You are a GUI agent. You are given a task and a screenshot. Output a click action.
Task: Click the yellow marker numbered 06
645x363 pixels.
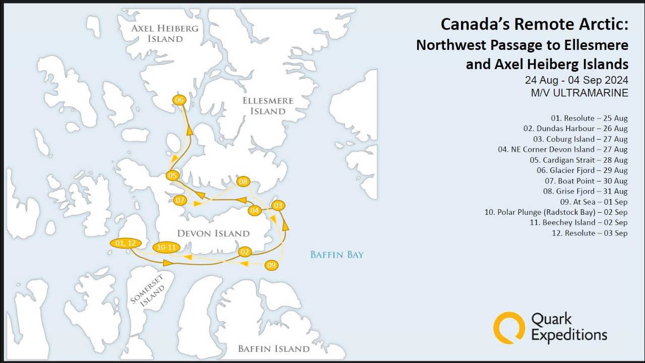pyautogui.click(x=179, y=100)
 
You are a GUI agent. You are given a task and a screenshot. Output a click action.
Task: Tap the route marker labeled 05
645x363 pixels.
pyautogui.click(x=172, y=175)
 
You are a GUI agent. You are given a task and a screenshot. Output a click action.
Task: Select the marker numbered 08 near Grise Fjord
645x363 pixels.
pyautogui.click(x=243, y=181)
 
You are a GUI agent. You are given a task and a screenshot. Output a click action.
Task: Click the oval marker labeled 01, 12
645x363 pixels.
pyautogui.click(x=124, y=243)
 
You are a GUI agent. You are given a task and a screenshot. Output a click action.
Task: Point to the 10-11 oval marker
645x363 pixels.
pyautogui.click(x=166, y=247)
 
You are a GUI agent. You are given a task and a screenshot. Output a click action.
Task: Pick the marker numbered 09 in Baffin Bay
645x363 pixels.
pyautogui.click(x=272, y=265)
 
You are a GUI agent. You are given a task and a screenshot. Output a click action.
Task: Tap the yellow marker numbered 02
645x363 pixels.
pyautogui.click(x=245, y=252)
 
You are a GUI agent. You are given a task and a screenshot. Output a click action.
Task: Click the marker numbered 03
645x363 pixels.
pyautogui.click(x=278, y=205)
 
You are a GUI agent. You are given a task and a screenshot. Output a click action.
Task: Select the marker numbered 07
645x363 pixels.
pyautogui.click(x=180, y=200)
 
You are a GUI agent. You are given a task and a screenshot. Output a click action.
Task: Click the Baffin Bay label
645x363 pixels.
pyautogui.click(x=337, y=255)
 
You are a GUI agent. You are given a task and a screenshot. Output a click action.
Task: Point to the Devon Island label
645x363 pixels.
pyautogui.click(x=213, y=233)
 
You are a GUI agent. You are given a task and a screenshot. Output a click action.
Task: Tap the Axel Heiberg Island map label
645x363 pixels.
pyautogui.click(x=165, y=33)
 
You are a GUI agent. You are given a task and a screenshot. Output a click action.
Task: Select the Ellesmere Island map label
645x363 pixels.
pyautogui.click(x=268, y=106)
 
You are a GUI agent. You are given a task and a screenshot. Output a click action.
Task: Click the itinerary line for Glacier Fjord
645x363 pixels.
pyautogui.click(x=582, y=170)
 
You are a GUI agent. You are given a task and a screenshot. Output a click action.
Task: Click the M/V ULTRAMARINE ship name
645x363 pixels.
pyautogui.click(x=579, y=93)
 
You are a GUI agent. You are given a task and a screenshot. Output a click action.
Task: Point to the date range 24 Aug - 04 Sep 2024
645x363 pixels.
pyautogui.click(x=576, y=81)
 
